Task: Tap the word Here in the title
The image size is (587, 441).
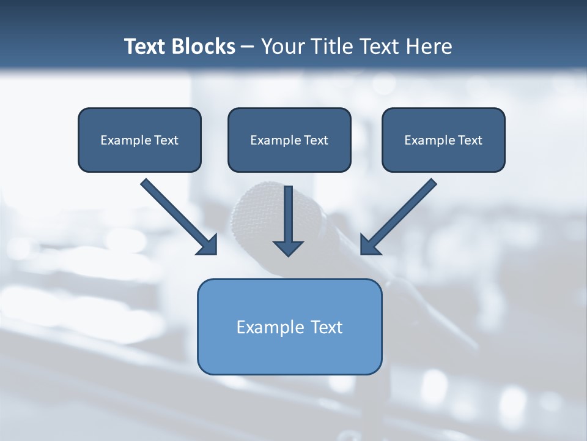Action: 430,47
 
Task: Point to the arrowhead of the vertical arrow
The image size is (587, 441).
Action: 288,247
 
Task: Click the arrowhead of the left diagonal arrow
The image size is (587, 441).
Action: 208,246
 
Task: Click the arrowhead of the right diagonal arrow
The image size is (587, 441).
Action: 369,246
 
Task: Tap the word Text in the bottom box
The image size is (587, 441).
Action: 327,327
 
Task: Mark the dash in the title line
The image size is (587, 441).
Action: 248,47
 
